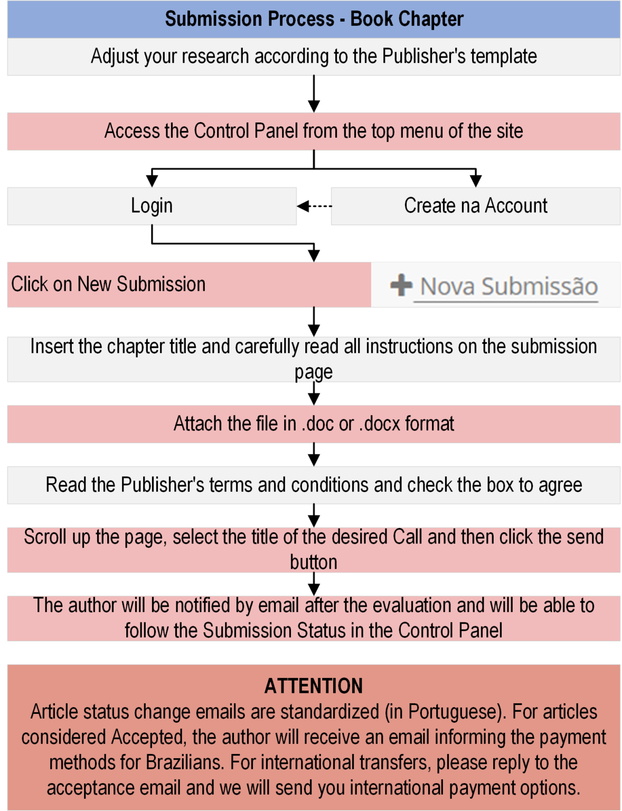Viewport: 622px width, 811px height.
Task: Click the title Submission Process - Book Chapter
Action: tap(314, 19)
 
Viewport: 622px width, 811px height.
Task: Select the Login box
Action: tap(152, 206)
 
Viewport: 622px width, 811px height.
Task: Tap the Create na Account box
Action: tap(475, 206)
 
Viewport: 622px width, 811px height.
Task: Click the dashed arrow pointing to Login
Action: tap(314, 206)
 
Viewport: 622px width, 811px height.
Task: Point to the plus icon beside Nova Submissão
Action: tap(401, 285)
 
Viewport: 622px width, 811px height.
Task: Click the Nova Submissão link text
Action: tap(509, 287)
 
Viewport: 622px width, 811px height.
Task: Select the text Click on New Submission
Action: tap(108, 285)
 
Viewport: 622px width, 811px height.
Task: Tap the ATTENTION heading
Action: tap(314, 685)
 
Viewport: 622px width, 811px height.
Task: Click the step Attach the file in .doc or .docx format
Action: tap(314, 424)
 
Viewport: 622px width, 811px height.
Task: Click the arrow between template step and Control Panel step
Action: tap(314, 93)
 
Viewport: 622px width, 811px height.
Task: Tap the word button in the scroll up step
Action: tap(314, 562)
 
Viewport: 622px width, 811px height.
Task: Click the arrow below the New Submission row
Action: tap(314, 322)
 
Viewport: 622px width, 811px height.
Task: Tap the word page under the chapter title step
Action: tap(314, 372)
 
